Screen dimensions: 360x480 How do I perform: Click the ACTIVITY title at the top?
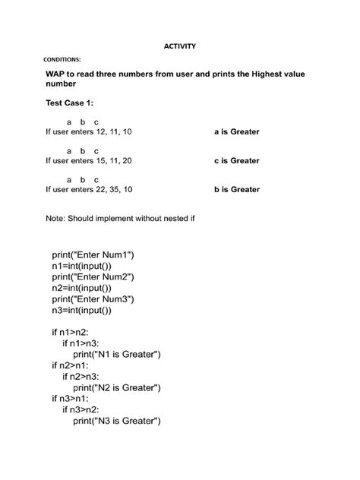tap(180, 46)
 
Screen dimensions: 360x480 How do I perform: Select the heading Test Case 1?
tap(70, 103)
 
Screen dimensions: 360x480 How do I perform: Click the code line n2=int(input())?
tap(92, 288)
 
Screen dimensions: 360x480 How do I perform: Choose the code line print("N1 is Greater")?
tap(117, 354)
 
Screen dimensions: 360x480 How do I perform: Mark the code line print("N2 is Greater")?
tap(117, 387)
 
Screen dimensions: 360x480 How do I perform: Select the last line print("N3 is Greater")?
tap(117, 421)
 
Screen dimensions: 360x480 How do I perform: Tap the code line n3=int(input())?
tap(92, 310)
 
